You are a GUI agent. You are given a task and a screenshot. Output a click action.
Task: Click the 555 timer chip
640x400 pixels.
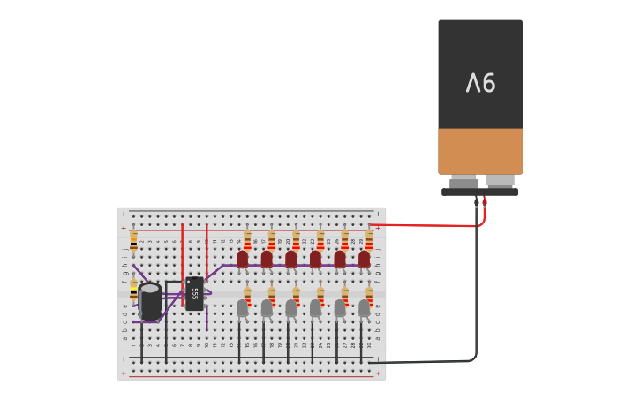coord(194,293)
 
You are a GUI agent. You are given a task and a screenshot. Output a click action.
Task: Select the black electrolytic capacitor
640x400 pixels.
coord(150,301)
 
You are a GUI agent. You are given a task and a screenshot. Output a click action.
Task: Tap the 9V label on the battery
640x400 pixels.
coord(480,84)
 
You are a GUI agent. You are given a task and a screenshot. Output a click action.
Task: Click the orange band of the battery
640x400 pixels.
coord(480,151)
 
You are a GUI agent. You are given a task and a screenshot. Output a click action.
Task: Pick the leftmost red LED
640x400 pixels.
coord(242,259)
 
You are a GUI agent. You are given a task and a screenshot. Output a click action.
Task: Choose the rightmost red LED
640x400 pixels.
coord(364,259)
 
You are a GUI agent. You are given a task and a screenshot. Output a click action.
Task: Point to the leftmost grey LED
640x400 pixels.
coord(242,307)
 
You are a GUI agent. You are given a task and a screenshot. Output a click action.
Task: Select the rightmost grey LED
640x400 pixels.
coord(364,307)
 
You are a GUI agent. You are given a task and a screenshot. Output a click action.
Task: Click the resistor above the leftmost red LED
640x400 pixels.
coord(247,239)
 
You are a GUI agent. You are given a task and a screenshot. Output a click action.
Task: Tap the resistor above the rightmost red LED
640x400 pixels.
coord(369,239)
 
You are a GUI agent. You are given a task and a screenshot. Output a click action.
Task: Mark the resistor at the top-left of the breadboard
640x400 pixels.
coord(133,240)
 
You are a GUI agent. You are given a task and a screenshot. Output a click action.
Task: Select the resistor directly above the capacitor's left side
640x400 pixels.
coord(133,289)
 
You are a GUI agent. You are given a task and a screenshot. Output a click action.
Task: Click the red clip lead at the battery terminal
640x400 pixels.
coord(485,202)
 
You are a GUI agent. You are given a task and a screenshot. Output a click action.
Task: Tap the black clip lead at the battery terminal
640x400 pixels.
coord(477,202)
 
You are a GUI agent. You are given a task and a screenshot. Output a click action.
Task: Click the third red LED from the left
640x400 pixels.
coord(290,259)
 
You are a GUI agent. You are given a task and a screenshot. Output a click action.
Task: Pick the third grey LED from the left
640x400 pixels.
coord(290,307)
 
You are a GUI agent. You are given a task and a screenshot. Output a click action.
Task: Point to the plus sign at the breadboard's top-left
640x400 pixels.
coord(124,228)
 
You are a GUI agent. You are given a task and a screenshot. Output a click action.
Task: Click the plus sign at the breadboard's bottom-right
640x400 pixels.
coord(378,374)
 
